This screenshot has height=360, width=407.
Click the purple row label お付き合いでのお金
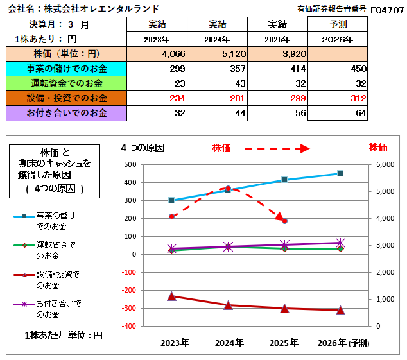(x=67, y=113)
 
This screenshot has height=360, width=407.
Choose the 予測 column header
(x=338, y=24)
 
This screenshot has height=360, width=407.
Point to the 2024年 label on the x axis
(x=228, y=343)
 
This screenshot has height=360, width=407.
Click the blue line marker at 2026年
(x=340, y=173)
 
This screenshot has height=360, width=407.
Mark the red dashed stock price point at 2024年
(x=228, y=188)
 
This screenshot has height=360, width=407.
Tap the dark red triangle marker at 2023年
(x=172, y=296)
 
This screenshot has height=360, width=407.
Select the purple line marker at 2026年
(x=340, y=243)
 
